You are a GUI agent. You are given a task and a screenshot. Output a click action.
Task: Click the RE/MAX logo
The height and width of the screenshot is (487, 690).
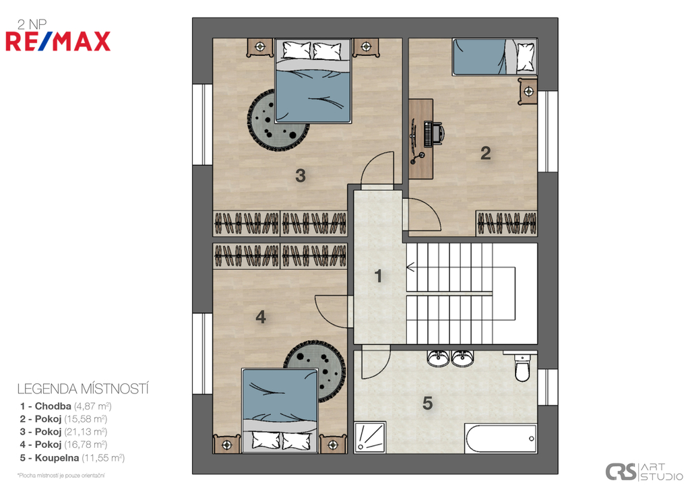click(58, 41)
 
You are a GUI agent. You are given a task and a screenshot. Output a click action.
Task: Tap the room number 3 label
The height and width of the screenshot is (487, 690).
click(300, 176)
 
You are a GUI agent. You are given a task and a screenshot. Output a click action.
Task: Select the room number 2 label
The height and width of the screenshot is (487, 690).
click(485, 153)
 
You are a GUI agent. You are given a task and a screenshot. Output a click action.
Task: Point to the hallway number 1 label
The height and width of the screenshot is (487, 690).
click(377, 276)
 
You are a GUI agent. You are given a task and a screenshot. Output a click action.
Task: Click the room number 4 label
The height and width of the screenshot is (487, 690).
click(261, 317)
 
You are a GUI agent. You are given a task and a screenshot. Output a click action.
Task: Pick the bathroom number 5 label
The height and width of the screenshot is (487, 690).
click(427, 403)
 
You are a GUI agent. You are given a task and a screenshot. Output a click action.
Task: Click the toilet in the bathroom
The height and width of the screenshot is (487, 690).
click(522, 367)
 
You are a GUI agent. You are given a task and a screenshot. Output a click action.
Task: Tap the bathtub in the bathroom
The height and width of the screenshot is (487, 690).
click(501, 439)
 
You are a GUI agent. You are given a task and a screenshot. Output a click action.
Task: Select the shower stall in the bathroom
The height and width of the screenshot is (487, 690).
click(370, 437)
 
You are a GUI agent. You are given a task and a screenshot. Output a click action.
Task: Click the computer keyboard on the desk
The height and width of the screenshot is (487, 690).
click(427, 134)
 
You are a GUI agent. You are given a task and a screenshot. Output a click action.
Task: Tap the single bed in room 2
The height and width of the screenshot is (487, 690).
click(495, 57)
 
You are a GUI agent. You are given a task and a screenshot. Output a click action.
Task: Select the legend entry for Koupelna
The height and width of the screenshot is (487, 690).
click(72, 458)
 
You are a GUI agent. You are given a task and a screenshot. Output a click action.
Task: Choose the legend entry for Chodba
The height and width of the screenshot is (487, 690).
click(65, 406)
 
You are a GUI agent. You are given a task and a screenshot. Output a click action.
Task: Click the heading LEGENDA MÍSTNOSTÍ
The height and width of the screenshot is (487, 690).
click(83, 389)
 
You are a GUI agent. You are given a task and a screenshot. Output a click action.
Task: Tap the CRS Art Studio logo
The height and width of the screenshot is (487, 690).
click(644, 472)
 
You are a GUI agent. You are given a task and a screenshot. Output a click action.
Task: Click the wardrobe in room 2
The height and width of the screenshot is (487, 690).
click(507, 224)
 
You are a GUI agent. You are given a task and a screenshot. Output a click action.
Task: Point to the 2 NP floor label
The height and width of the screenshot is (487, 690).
click(32, 24)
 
